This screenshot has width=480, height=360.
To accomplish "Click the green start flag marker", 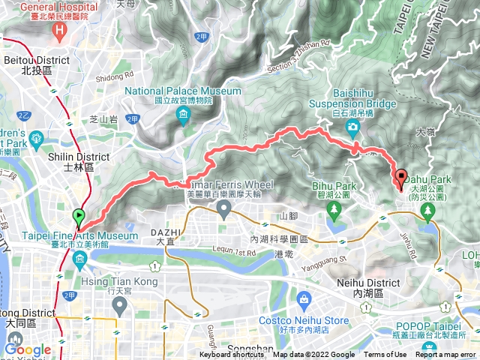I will tap(80, 218).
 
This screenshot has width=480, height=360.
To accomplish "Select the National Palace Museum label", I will tap(183, 91).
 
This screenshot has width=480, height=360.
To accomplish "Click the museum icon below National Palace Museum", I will tap(184, 114).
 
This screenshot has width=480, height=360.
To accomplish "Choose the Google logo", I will tap(28, 349).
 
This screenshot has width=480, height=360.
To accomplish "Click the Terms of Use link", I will tap(385, 355).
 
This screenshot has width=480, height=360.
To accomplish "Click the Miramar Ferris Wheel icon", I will tap(224, 213).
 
